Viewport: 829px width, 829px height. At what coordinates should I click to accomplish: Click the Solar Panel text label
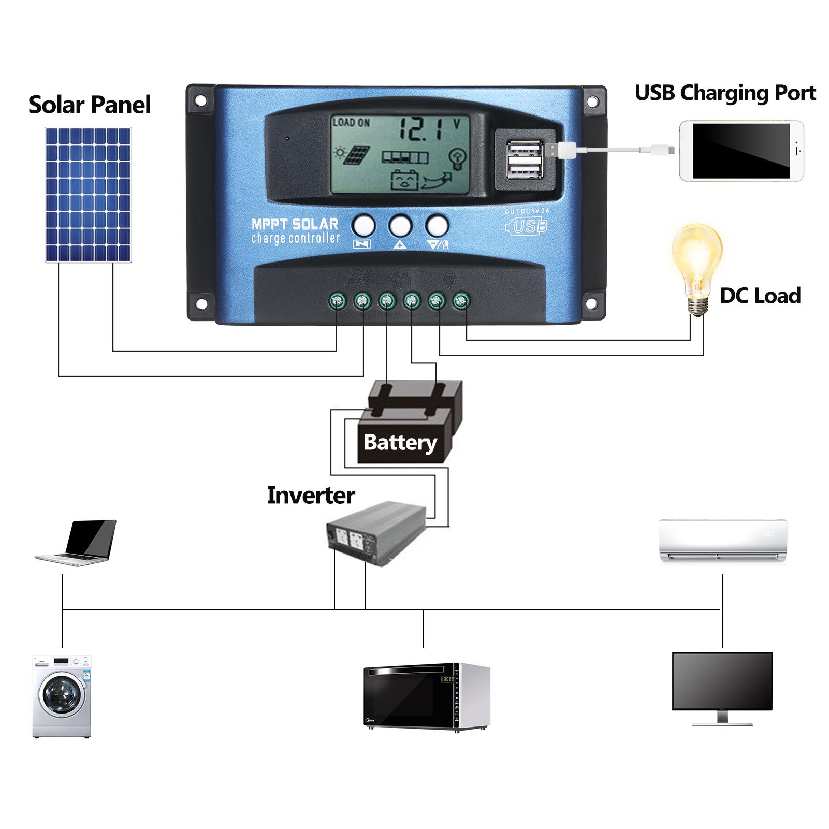tap(90, 105)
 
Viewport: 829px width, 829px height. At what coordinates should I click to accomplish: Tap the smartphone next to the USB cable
tap(741, 151)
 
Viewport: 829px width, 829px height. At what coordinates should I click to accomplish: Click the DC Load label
tap(760, 296)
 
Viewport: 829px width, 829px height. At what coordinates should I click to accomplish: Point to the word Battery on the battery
tap(400, 443)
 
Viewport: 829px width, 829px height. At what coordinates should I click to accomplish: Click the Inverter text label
tap(311, 496)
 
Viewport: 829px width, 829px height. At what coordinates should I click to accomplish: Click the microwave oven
tap(426, 696)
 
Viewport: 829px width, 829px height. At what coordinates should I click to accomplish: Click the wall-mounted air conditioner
tap(722, 542)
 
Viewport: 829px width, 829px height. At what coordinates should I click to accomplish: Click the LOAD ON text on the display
tap(351, 123)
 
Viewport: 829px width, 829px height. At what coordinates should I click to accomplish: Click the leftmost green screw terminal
tap(338, 300)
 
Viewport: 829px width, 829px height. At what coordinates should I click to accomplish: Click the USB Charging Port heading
tap(724, 93)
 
